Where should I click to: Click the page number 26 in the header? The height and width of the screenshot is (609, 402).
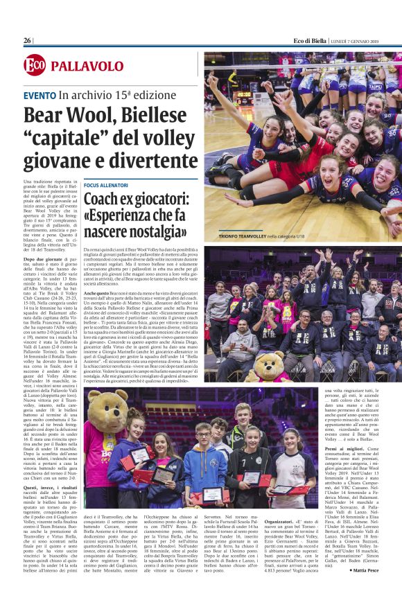tap(27, 40)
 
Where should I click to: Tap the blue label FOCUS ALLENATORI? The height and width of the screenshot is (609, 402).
tap(105, 186)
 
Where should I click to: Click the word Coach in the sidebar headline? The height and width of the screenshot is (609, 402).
tap(103, 201)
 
